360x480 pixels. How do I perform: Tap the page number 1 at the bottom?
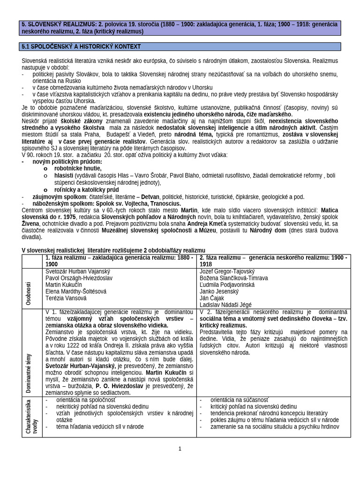pyautogui.click(x=180, y=449)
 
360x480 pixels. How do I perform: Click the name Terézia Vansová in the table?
pyautogui.click(x=66, y=298)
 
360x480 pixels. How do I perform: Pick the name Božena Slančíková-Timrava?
pyautogui.click(x=233, y=278)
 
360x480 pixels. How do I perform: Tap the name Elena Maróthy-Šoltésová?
pyautogui.click(x=76, y=292)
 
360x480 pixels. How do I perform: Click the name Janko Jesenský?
pyautogui.click(x=220, y=292)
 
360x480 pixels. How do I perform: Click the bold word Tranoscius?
pyautogui.click(x=165, y=203)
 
